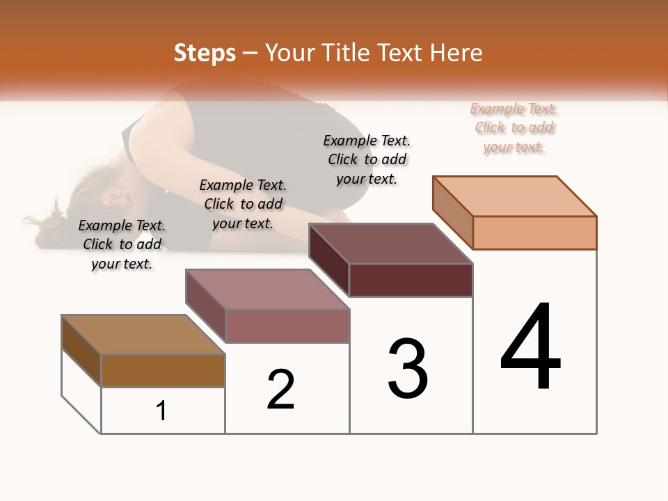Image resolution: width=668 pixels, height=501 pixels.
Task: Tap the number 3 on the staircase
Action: tap(408, 368)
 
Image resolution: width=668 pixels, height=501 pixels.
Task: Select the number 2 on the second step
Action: tap(281, 389)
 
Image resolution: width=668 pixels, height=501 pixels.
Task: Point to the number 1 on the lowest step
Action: tap(161, 411)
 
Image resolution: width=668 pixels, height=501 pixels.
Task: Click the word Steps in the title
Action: tap(205, 53)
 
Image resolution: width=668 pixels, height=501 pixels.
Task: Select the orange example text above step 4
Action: tap(514, 128)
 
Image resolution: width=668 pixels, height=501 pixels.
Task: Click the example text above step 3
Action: tap(367, 159)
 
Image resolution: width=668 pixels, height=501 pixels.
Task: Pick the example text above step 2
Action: tap(243, 204)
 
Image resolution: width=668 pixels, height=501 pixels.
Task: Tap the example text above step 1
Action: tap(122, 244)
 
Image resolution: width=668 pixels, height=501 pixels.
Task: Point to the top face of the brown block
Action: tap(143, 335)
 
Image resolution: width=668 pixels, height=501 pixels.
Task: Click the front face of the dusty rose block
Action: tap(287, 326)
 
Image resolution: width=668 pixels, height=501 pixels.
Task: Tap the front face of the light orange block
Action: tap(534, 232)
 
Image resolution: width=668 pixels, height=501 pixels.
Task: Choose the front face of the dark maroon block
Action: tap(411, 280)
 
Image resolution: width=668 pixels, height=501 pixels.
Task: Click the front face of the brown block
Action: tap(163, 370)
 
